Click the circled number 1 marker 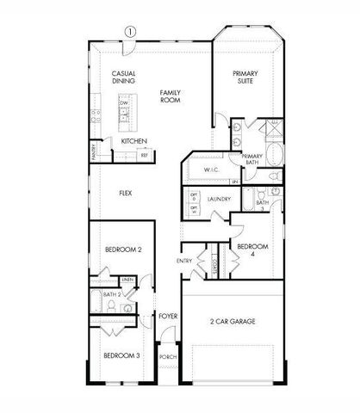(x=130, y=31)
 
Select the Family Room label (x=169, y=96)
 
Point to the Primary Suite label (x=246, y=78)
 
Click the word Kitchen (x=133, y=140)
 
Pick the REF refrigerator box (x=145, y=155)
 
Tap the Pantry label (x=94, y=153)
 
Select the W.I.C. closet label (x=213, y=170)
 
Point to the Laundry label (x=220, y=199)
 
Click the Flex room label (x=126, y=193)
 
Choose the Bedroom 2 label (x=123, y=249)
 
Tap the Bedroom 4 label (x=251, y=250)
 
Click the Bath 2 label (x=110, y=294)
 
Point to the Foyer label (x=169, y=316)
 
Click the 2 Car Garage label (x=233, y=322)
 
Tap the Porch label (x=168, y=355)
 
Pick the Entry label (x=184, y=261)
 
